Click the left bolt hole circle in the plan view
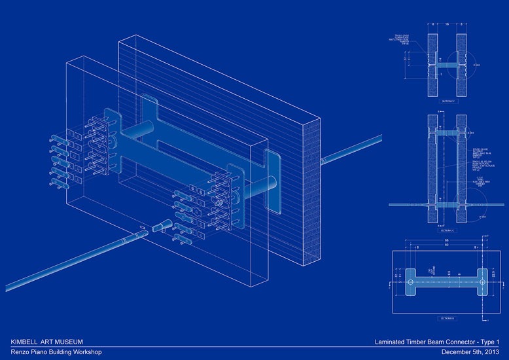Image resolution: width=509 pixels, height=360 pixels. tap(410, 283)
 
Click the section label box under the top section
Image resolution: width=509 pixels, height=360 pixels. tap(446, 101)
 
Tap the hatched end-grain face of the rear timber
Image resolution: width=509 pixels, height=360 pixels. tap(311, 190)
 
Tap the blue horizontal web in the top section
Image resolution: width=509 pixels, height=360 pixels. tap(446, 65)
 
